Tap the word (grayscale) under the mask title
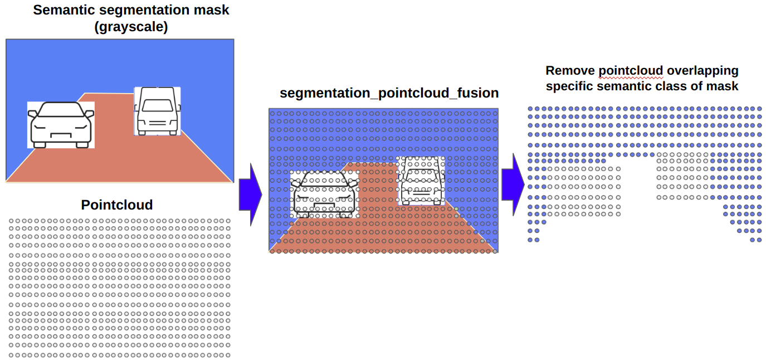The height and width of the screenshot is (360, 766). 131,27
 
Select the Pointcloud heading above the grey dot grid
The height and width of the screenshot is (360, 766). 116,205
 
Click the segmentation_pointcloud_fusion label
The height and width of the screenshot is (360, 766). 389,93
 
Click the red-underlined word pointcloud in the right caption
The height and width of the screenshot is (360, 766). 631,71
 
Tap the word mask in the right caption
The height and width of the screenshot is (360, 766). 724,86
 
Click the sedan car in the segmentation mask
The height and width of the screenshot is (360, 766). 61,125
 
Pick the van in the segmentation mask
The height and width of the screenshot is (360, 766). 157,111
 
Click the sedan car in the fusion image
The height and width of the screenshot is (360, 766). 324,194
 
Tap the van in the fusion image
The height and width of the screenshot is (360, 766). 422,181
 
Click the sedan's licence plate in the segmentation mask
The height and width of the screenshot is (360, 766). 61,134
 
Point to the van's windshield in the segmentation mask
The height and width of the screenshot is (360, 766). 157,105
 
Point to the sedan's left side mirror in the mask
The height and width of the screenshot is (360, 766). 33,113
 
